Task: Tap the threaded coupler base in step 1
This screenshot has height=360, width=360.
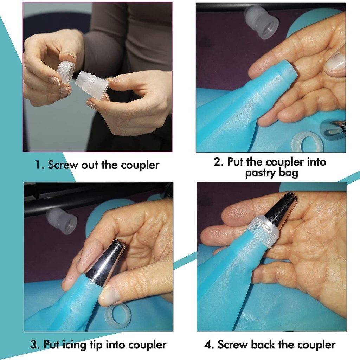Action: pyautogui.click(x=92, y=85)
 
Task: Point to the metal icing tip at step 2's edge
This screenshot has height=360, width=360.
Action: pyautogui.click(x=333, y=130)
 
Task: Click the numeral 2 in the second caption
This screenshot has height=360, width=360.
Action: pyautogui.click(x=217, y=161)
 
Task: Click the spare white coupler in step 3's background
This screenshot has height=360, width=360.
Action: pyautogui.click(x=61, y=221)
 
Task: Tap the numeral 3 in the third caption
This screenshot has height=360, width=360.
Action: pyautogui.click(x=34, y=345)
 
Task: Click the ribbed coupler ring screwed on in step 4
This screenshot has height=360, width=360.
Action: pyautogui.click(x=264, y=230)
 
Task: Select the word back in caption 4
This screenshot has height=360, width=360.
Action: pyautogui.click(x=263, y=345)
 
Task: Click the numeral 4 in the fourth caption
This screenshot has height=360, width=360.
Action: pyautogui.click(x=208, y=345)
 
